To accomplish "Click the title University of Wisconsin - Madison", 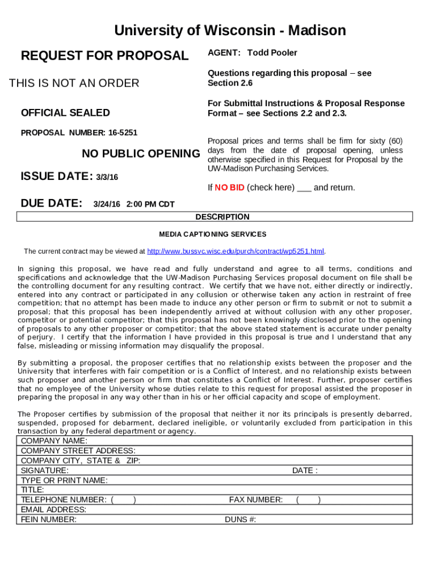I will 230,30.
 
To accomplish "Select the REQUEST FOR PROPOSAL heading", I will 104,56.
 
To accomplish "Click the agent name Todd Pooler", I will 272,53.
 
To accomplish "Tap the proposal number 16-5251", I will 123,133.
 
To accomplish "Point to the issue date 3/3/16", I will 107,178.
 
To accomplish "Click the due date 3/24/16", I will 107,204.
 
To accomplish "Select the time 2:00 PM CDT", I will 150,204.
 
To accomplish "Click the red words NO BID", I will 229,187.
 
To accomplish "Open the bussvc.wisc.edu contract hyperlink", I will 236,251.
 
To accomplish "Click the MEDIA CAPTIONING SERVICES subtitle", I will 212,234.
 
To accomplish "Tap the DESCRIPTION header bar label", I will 222,217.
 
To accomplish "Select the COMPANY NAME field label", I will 54,441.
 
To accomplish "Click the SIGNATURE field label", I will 45,470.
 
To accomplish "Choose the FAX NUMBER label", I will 255,500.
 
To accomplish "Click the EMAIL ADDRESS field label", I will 53,510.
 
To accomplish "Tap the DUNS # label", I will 241,519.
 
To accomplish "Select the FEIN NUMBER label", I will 49,519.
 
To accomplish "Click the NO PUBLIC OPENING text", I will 141,154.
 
